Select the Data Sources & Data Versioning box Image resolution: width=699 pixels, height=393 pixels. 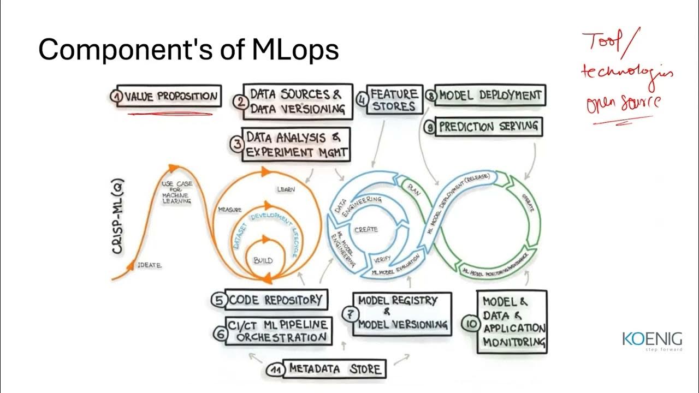coord(298,101)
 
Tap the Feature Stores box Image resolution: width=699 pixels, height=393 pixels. coord(394,99)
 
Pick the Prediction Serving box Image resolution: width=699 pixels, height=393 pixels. coord(488,127)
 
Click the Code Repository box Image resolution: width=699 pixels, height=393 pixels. coord(275,300)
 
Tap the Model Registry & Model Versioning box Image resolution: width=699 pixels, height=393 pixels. coord(402,313)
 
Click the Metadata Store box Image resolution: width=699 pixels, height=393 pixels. coord(335,368)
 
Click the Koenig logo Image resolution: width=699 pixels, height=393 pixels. coord(651,340)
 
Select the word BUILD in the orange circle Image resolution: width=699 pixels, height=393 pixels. coord(263,260)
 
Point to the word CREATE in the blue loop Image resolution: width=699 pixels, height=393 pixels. coord(366,229)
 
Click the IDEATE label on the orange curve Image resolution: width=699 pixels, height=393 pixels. coord(150,265)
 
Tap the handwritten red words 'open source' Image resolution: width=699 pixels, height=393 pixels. coord(623,103)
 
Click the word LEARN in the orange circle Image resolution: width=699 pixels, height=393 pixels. coord(286,189)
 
